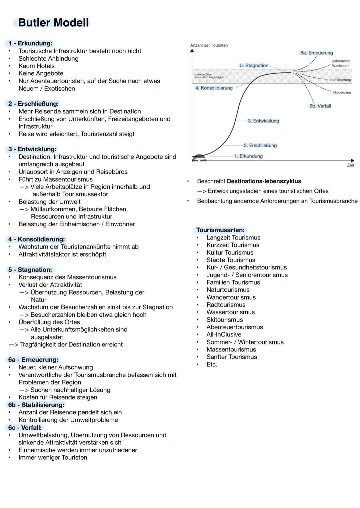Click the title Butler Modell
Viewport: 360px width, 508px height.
53,23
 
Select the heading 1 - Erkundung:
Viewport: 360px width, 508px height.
30,43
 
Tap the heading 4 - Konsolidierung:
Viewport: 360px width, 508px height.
36,239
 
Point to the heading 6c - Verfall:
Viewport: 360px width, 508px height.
25,427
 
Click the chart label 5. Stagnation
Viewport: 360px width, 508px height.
254,66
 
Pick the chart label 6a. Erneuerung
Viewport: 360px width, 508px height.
316,53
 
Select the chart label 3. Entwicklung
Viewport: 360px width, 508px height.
263,121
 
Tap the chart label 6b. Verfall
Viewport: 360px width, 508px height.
320,106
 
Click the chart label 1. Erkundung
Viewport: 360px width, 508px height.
248,156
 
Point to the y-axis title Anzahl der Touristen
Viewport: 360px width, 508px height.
209,45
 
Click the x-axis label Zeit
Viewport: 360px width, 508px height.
350,165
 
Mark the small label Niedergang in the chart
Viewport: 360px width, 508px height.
342,93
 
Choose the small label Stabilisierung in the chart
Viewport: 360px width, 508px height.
340,80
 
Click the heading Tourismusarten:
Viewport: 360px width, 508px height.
220,230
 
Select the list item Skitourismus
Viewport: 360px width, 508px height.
225,319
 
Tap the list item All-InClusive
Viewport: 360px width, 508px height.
224,334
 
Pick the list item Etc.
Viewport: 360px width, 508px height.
212,364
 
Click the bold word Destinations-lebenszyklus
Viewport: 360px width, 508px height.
264,181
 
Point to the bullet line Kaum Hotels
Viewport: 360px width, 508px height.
36,66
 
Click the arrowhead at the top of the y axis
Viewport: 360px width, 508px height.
192,51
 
